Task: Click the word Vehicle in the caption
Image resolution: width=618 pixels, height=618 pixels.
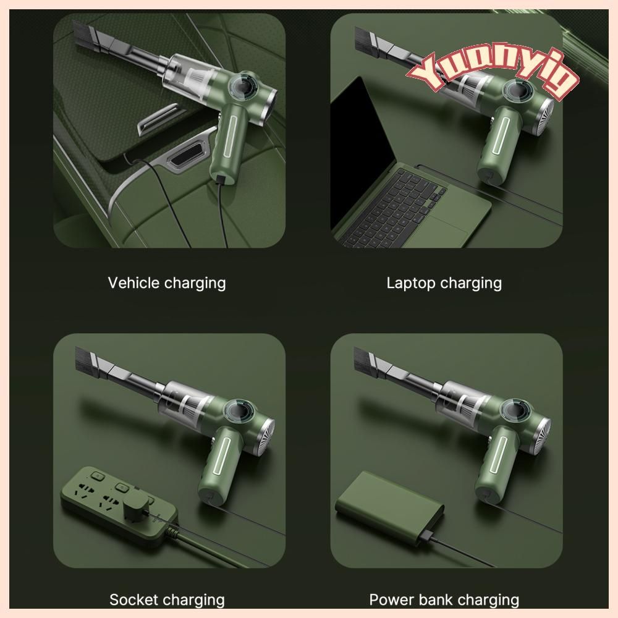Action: pyautogui.click(x=133, y=282)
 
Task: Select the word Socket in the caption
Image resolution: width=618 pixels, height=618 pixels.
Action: pyautogui.click(x=134, y=599)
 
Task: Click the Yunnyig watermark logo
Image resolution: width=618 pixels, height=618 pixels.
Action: pyautogui.click(x=493, y=74)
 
